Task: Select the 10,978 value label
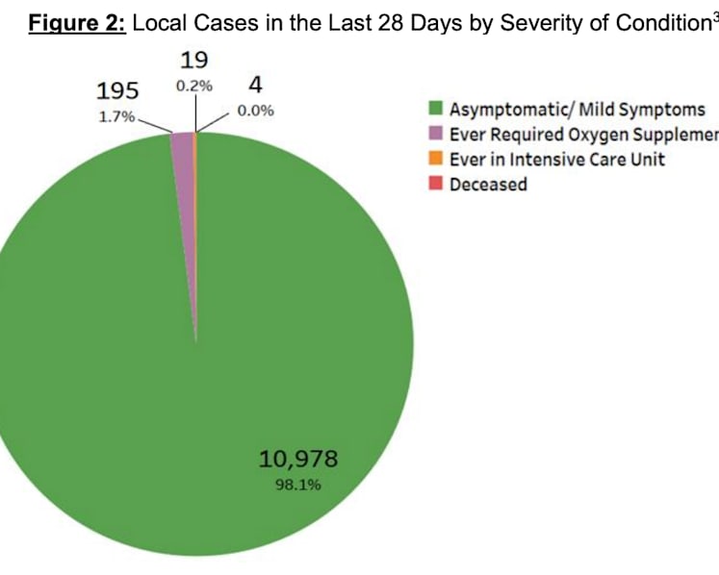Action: [298, 459]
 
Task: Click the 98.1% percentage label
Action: [298, 485]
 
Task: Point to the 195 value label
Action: [117, 90]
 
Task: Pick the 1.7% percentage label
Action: [117, 117]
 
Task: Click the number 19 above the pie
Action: [194, 60]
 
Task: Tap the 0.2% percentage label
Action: [194, 86]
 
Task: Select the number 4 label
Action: [256, 85]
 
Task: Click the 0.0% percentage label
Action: [255, 111]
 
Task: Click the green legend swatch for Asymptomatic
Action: [436, 109]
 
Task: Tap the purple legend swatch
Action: [436, 134]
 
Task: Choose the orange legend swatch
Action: [436, 159]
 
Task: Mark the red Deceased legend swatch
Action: [436, 184]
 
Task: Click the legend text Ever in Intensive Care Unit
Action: [557, 160]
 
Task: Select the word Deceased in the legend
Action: [488, 185]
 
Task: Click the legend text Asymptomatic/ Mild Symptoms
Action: [578, 110]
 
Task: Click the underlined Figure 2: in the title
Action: [77, 23]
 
